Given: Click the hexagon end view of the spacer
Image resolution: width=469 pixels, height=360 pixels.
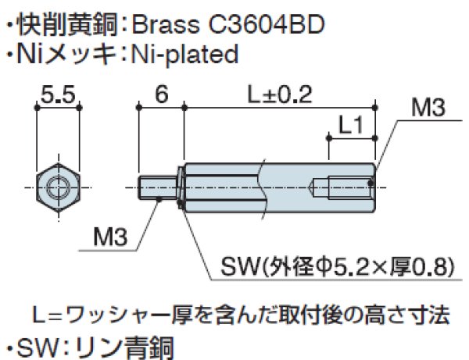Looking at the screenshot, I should click(57, 187).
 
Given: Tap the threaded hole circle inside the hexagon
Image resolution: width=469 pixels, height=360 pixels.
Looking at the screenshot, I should click(57, 187).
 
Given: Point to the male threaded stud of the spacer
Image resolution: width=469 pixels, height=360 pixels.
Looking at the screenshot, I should click(159, 187).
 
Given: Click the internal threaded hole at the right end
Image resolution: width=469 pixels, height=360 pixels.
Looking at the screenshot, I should click(344, 187).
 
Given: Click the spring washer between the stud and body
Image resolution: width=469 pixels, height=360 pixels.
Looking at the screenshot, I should click(181, 187).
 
